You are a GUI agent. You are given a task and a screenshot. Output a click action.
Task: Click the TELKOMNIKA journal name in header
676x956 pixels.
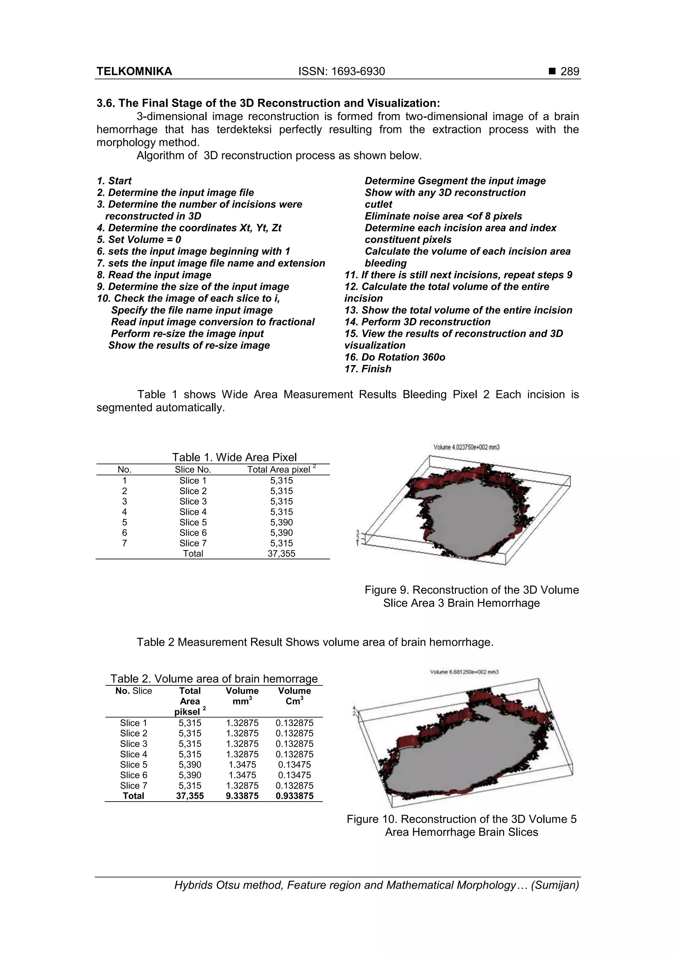pos(134,72)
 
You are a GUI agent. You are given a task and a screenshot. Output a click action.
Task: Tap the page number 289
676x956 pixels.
pos(569,72)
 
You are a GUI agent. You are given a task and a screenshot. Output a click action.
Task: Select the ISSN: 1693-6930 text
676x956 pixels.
pos(342,72)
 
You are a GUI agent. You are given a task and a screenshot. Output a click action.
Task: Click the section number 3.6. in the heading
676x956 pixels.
pos(106,103)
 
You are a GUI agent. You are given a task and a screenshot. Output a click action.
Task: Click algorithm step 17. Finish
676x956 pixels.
pos(368,369)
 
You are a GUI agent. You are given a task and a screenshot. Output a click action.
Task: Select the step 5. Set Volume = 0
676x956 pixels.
pos(139,240)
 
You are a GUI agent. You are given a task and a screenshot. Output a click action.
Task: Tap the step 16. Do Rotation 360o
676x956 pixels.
pos(394,357)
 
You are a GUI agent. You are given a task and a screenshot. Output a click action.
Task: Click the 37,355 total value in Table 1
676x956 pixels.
pos(281,553)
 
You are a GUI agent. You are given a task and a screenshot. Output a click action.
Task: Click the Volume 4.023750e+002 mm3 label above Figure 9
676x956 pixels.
pos(466,447)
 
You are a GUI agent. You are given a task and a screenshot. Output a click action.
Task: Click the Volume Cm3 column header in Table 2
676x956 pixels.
pos(294,696)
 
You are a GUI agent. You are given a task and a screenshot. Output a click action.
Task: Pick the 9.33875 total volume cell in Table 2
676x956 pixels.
pos(242,796)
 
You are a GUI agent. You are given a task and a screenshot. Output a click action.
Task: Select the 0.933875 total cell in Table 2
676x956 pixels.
pos(294,796)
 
